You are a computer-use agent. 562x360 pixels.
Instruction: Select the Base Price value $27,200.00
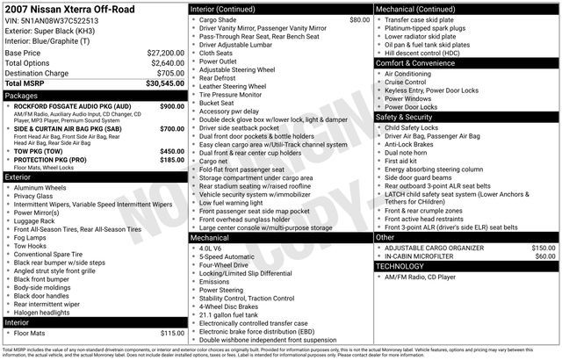coord(165,53)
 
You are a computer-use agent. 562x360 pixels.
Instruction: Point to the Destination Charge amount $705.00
coord(170,73)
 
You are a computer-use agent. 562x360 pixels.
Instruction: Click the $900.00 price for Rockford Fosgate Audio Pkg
coord(171,105)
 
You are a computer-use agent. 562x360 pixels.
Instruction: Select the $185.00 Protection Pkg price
coord(171,161)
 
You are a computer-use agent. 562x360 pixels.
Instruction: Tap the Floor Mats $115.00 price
coord(171,333)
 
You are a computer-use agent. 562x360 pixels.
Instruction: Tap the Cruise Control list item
coord(407,82)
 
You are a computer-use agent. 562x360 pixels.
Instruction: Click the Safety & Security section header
coord(404,116)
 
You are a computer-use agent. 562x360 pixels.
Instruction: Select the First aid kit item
coord(401,161)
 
